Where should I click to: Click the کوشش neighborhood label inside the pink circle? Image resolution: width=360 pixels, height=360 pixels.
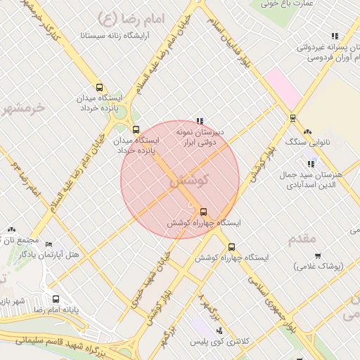click(x=190, y=181)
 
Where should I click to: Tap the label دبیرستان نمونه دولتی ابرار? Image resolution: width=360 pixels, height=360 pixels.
click(x=199, y=137)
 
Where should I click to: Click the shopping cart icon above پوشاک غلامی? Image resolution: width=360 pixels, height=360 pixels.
click(x=318, y=256)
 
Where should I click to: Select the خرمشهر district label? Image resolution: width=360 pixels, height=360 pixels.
click(x=21, y=108)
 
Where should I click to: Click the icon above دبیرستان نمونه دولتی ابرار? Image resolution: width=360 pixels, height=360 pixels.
click(x=200, y=120)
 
